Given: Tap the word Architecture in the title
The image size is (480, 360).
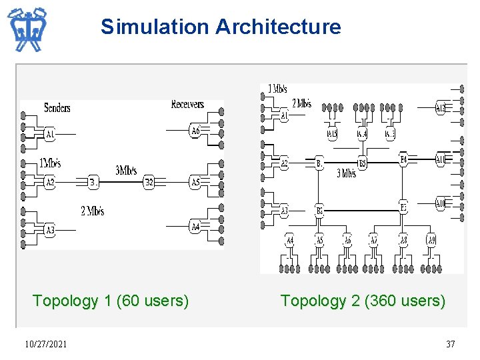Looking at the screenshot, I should click(278, 27).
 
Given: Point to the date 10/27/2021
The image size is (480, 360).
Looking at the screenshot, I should click(45, 344).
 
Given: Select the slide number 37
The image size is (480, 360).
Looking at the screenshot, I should click(451, 344).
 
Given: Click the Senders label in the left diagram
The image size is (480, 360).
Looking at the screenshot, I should click(57, 108).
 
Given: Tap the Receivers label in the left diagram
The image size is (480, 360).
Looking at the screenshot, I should click(187, 104).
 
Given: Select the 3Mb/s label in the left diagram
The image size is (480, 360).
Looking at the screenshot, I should click(127, 171).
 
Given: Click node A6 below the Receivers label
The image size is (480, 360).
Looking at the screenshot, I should click(195, 131).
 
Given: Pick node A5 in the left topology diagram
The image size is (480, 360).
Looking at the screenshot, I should click(195, 182).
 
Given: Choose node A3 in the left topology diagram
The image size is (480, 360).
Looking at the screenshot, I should click(50, 231).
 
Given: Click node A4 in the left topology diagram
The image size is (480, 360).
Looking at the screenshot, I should click(195, 227).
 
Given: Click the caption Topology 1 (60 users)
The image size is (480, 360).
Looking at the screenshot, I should click(111, 301).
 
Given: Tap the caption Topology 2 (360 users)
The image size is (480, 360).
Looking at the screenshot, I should click(363, 301).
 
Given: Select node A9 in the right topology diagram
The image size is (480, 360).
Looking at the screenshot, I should click(431, 240).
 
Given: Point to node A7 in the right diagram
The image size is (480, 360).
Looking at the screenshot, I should click(374, 240).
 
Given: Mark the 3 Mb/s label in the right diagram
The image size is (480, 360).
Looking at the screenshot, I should click(346, 174).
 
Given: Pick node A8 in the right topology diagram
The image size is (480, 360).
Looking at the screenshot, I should click(403, 240).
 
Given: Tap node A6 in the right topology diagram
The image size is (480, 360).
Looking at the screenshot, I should click(347, 240).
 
